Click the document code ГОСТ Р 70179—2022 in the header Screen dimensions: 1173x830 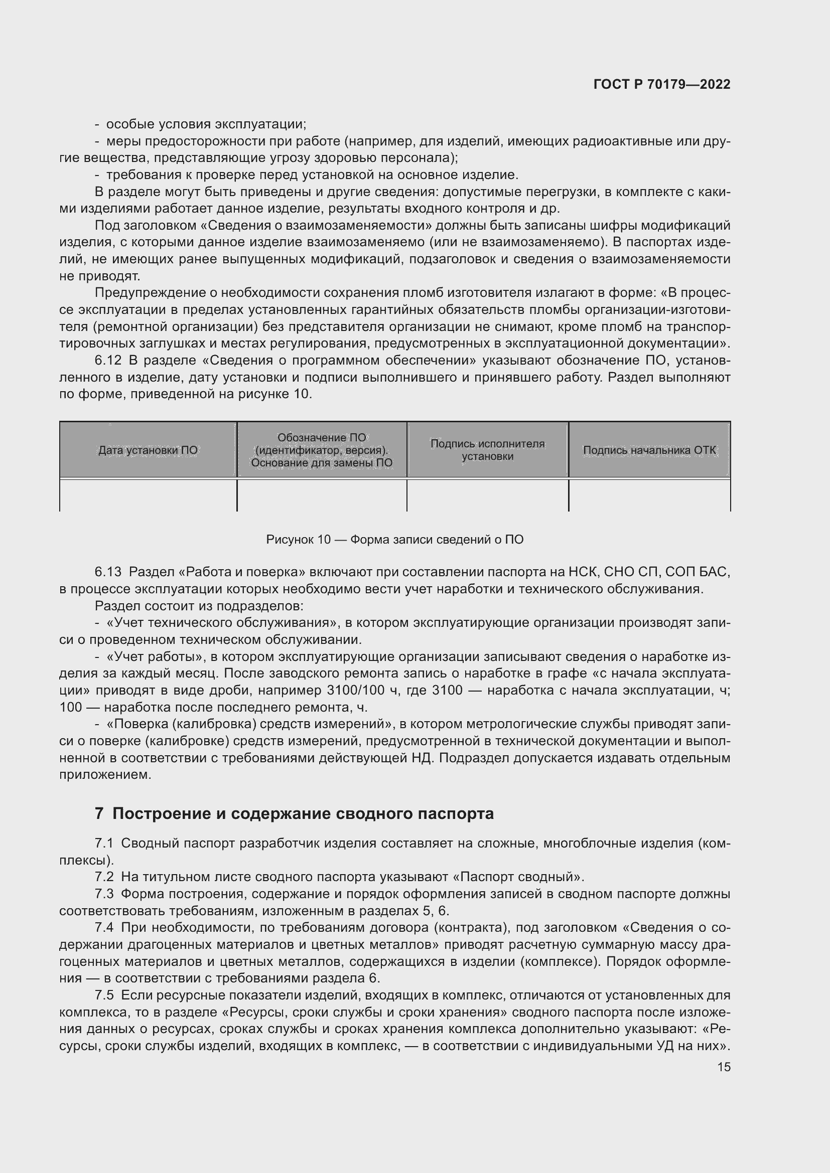point(662,85)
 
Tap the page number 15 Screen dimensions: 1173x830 point(724,1067)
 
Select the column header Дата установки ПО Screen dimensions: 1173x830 point(148,450)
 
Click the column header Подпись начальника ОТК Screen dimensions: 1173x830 point(649,450)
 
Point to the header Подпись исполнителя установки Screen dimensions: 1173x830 point(488,450)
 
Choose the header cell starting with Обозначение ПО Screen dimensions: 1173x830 point(322,450)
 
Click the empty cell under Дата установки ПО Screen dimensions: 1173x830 point(148,494)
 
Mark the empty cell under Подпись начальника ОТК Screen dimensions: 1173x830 point(649,494)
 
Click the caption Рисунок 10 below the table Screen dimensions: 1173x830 point(394,540)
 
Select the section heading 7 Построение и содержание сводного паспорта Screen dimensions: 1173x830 point(294,813)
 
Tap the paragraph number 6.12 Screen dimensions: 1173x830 point(108,361)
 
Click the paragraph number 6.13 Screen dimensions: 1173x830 point(108,572)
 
